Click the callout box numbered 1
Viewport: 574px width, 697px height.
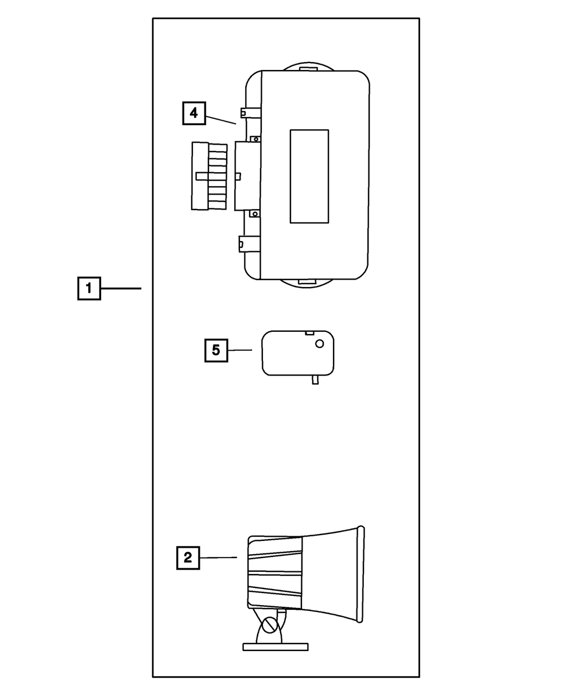click(x=89, y=288)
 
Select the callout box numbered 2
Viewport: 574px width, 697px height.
click(x=188, y=557)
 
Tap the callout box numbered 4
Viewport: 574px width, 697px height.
click(x=194, y=113)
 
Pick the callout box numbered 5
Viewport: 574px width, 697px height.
click(x=216, y=350)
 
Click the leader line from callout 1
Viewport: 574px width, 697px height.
click(x=121, y=288)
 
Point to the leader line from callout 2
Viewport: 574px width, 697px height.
click(x=218, y=557)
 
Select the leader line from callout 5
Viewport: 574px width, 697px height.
click(x=240, y=350)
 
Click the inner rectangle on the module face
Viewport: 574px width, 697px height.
click(x=309, y=176)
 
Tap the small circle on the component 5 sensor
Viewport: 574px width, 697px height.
click(x=320, y=343)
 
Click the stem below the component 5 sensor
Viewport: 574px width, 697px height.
click(x=315, y=380)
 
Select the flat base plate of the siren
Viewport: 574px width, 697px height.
click(x=276, y=646)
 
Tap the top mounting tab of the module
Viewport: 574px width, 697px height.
click(x=308, y=67)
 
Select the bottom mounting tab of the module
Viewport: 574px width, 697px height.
click(x=308, y=282)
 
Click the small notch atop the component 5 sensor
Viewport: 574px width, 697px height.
click(x=309, y=332)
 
